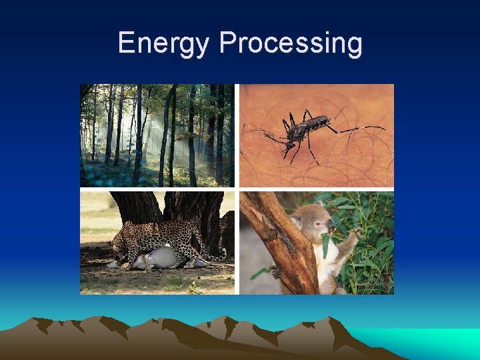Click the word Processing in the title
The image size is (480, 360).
291,43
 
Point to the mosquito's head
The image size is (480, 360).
291,143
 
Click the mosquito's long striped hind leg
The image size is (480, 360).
360,128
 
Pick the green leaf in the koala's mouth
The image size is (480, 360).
325,243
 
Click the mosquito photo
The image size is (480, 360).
317,135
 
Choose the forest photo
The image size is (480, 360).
157,135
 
